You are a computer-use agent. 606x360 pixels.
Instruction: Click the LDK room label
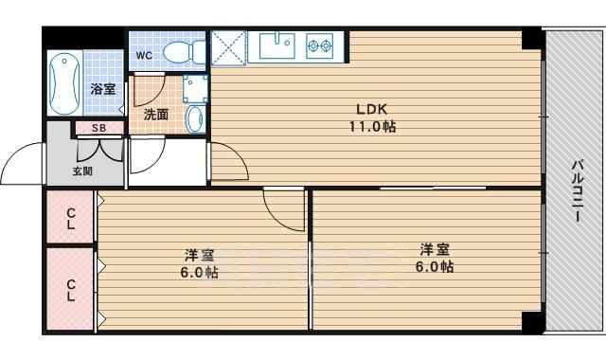[x=371, y=109]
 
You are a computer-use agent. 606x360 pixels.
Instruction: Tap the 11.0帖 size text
[x=372, y=126]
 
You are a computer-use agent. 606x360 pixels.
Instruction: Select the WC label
[x=144, y=55]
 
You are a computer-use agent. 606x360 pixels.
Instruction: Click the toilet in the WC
[x=185, y=52]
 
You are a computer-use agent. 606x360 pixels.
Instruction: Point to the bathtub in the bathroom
[x=64, y=84]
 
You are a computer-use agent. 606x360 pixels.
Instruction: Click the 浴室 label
[x=103, y=89]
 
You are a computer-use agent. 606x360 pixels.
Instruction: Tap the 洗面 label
[x=156, y=115]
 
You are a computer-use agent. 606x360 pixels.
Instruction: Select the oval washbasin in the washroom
[x=195, y=118]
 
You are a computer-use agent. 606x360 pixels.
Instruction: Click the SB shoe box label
[x=98, y=128]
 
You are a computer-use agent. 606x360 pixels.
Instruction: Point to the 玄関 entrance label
[x=82, y=171]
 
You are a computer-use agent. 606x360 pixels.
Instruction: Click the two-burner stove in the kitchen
[x=320, y=46]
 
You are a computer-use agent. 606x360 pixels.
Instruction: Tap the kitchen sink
[x=277, y=45]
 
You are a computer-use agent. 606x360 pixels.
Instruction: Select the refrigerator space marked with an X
[x=228, y=47]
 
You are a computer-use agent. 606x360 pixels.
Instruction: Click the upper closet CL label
[x=70, y=219]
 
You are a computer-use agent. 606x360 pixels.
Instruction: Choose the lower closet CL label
[x=70, y=291]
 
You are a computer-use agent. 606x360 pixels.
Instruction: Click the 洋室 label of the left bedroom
[x=200, y=255]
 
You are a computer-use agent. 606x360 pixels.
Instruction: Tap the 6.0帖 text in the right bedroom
[x=435, y=266]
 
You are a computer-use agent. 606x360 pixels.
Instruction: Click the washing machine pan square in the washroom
[x=195, y=89]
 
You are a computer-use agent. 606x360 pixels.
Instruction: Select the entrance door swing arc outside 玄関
[x=15, y=153]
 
